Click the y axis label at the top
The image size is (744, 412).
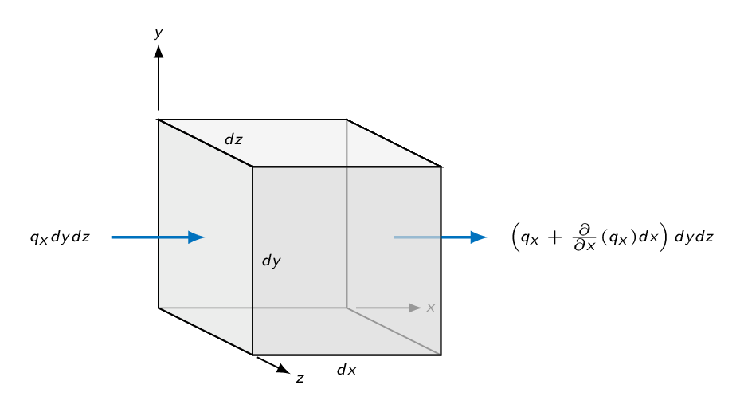159,33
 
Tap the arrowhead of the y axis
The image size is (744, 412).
159,51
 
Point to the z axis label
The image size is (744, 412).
300,379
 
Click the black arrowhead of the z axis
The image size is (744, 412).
284,369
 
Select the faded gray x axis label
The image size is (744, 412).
430,308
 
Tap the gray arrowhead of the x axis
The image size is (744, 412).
415,308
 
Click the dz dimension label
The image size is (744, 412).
233,139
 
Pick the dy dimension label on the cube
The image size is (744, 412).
272,261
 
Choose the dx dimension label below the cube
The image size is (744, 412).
347,370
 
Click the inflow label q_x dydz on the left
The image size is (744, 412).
60,237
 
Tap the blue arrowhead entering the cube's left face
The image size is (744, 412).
197,237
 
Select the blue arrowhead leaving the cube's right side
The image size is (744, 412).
480,237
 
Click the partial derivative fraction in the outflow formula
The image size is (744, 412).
584,237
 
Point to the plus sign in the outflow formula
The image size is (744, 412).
554,237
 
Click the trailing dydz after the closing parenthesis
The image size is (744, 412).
694,237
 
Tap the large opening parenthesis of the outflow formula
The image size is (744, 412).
515,237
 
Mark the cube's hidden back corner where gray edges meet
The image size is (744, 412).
347,308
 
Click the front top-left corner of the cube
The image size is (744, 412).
253,167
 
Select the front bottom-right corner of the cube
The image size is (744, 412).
441,355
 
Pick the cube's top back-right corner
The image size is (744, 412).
347,120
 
